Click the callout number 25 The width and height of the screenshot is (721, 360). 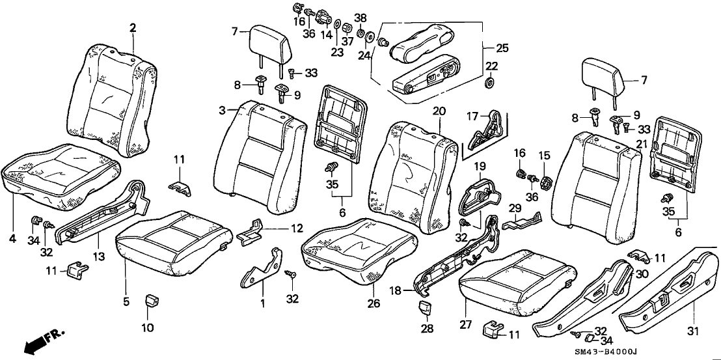[x=502, y=48]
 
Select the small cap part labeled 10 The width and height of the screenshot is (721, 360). [x=151, y=301]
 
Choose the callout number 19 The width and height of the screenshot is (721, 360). [x=481, y=166]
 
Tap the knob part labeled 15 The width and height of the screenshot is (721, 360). [x=545, y=179]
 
